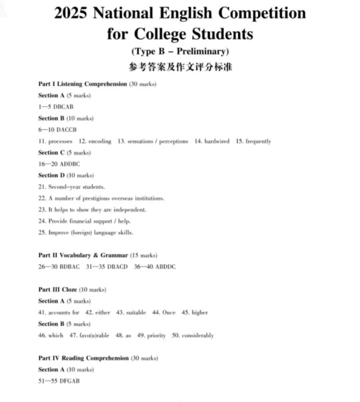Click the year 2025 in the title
click(70, 13)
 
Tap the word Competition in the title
click(262, 13)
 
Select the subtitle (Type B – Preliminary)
click(180, 51)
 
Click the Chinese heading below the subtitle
click(180, 67)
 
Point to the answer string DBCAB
click(63, 107)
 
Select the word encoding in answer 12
click(100, 141)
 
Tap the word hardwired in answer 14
click(217, 141)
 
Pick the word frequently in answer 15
click(258, 141)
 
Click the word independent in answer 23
click(130, 210)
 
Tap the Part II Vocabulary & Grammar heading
click(83, 255)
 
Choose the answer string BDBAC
click(70, 267)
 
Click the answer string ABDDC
click(165, 267)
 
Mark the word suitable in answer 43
click(136, 313)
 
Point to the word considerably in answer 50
click(198, 336)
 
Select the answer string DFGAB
click(70, 381)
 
